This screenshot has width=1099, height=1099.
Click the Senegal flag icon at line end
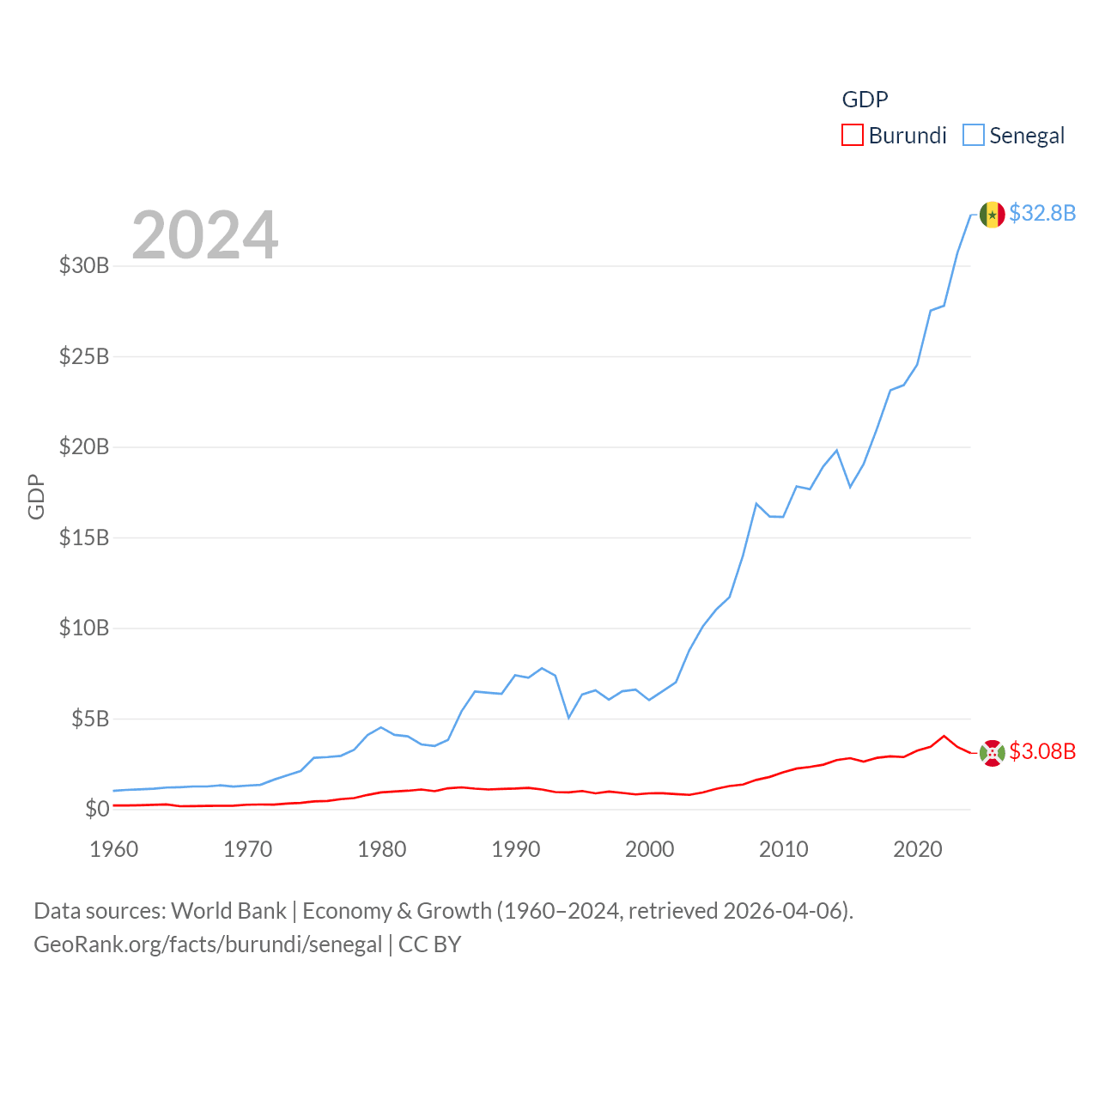pyautogui.click(x=992, y=215)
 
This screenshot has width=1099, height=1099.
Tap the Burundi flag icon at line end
pyautogui.click(x=992, y=753)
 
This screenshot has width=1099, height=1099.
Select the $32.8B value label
pyautogui.click(x=1042, y=213)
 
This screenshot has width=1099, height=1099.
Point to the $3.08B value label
pyautogui.click(x=1042, y=751)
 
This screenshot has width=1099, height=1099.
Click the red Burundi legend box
pyautogui.click(x=852, y=135)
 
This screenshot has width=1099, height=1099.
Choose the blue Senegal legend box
pyautogui.click(x=973, y=135)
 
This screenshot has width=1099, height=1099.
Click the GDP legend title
pyautogui.click(x=865, y=100)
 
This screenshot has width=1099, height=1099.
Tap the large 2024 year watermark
pyautogui.click(x=204, y=234)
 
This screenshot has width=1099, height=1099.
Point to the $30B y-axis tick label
pyautogui.click(x=84, y=265)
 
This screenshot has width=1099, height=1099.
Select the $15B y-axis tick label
pyautogui.click(x=84, y=537)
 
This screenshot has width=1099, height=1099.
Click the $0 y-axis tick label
pyautogui.click(x=97, y=809)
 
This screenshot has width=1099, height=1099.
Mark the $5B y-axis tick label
pyautogui.click(x=90, y=719)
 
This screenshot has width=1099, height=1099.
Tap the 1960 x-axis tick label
pyautogui.click(x=114, y=849)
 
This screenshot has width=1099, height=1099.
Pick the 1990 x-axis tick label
pyautogui.click(x=516, y=849)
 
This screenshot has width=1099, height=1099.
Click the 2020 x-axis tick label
pyautogui.click(x=918, y=849)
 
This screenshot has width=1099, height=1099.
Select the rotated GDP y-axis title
pyautogui.click(x=36, y=496)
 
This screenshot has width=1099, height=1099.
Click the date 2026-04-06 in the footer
pyautogui.click(x=785, y=910)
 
